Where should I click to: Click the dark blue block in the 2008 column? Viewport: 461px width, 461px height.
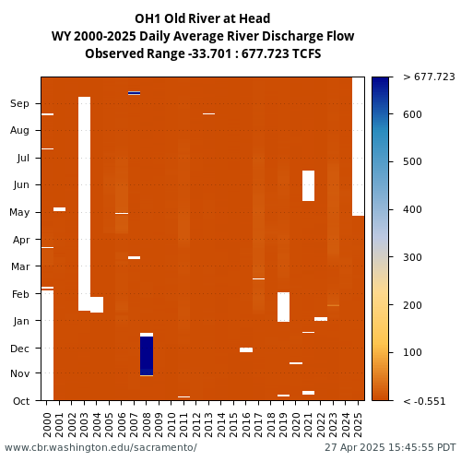(147, 356)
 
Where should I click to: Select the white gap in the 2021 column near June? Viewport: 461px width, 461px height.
(308, 185)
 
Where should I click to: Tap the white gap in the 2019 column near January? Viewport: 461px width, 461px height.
(283, 307)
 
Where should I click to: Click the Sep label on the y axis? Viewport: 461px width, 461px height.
(19, 103)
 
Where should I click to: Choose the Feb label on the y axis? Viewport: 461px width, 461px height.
(20, 294)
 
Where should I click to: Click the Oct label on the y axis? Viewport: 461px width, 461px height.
(21, 401)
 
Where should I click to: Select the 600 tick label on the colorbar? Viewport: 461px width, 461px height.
(412, 114)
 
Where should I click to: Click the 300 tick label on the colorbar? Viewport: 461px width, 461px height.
(412, 257)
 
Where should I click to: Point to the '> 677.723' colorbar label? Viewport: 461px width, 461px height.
(429, 77)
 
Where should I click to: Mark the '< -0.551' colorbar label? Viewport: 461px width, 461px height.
(424, 401)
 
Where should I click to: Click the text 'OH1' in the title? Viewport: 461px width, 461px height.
(148, 18)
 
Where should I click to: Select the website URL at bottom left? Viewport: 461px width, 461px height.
(100, 447)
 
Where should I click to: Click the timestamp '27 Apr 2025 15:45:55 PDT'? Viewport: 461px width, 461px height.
(390, 447)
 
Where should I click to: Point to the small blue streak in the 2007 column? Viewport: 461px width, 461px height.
(134, 93)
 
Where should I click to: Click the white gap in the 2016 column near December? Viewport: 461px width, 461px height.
(246, 349)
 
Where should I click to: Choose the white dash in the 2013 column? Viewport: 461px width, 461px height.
(208, 113)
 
